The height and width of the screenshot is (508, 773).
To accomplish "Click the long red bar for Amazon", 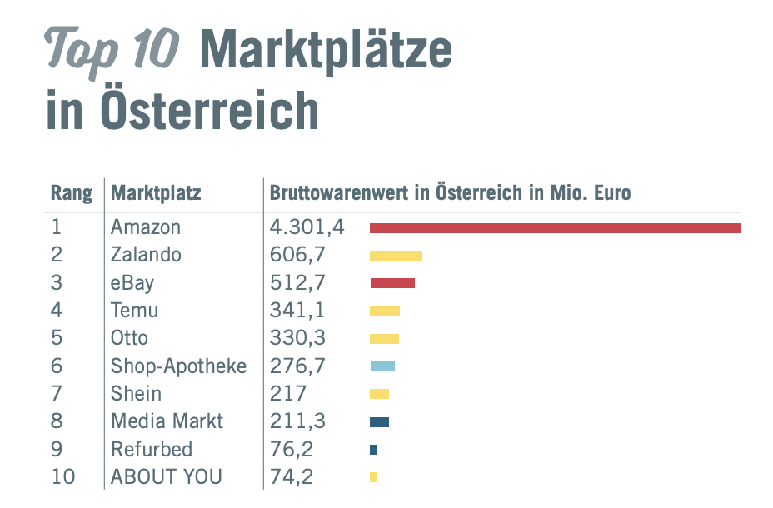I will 555,227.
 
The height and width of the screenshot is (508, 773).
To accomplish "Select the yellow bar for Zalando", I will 396,256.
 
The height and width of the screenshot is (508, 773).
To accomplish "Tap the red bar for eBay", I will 392,283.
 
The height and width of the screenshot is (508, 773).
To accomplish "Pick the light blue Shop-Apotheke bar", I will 382,366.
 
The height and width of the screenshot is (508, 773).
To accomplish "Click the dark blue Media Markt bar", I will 379,422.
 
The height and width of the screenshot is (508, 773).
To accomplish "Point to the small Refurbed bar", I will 373,450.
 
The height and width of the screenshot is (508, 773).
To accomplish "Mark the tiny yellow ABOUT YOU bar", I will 373,477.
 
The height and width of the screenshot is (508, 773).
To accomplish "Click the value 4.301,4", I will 307,227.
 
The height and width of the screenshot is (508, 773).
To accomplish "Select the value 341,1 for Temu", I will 297,311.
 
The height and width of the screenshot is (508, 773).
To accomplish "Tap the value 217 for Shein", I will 288,394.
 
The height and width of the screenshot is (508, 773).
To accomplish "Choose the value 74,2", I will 292,477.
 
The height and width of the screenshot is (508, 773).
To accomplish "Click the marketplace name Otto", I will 129,338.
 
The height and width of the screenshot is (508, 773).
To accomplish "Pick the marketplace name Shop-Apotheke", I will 178,366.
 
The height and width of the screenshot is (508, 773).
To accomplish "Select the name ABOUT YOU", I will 167,477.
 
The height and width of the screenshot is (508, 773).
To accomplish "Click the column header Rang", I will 72,194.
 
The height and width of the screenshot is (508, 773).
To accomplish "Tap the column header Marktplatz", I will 156,194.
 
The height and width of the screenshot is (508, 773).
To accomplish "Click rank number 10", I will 63,477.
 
